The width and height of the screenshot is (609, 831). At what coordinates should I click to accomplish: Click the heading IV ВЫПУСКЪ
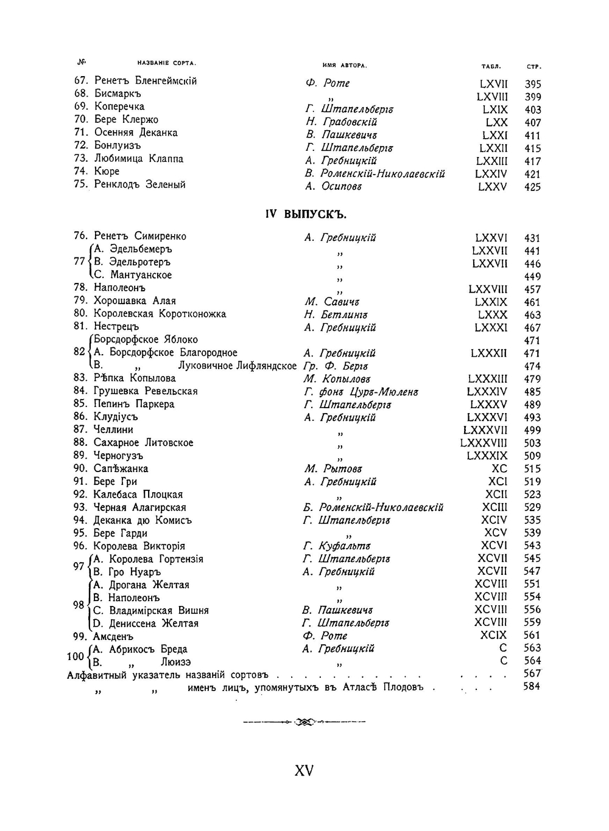[x=305, y=214]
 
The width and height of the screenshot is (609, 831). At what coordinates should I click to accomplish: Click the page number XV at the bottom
[x=304, y=770]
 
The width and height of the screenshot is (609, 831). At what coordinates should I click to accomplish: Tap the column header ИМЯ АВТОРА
[x=344, y=65]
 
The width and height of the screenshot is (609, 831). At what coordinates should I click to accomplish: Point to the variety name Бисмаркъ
[x=118, y=94]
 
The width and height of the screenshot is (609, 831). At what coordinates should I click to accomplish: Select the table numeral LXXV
[x=492, y=187]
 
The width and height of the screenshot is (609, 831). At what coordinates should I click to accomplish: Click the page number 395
[x=532, y=84]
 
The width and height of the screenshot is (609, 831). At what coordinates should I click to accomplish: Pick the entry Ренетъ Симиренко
[x=140, y=236]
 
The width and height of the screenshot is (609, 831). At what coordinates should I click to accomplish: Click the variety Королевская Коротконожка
[x=160, y=314]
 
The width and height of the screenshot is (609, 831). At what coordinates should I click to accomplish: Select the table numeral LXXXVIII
[x=484, y=443]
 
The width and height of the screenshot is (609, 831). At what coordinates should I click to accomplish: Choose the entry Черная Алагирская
[x=139, y=507]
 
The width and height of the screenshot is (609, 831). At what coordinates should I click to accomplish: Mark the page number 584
[x=531, y=686]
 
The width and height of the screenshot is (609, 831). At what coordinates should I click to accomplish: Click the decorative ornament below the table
[x=304, y=722]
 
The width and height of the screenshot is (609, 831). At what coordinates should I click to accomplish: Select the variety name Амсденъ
[x=113, y=636]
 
